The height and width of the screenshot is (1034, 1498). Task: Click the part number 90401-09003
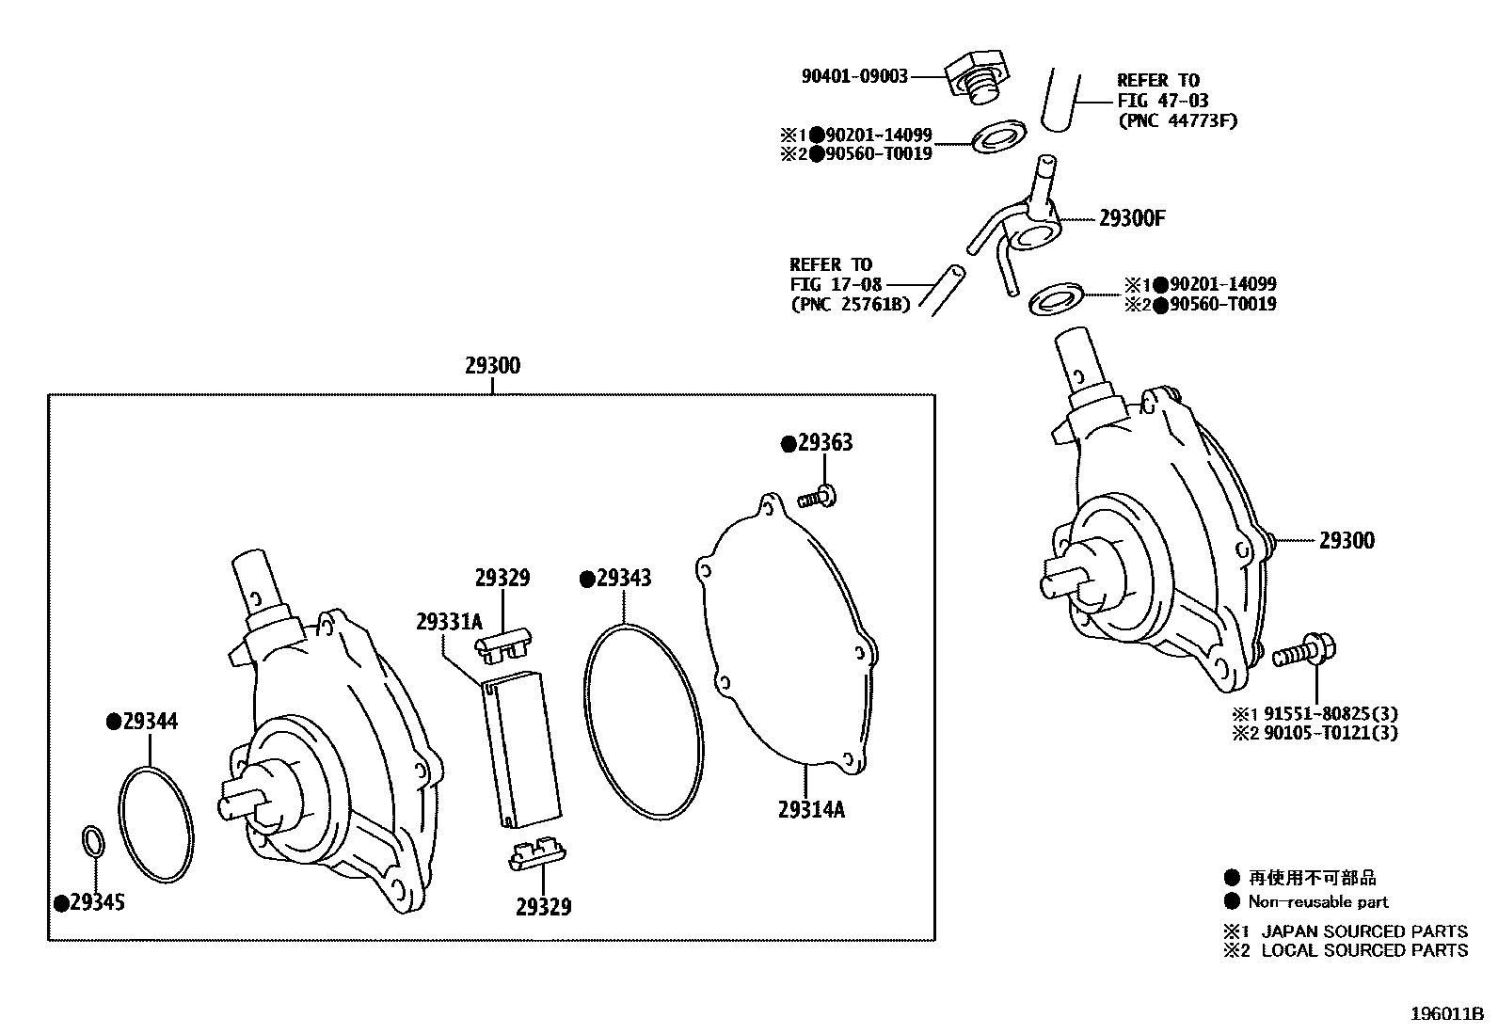(854, 77)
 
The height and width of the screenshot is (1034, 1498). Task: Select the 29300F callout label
(1132, 219)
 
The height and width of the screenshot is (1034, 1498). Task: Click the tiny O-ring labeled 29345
(92, 840)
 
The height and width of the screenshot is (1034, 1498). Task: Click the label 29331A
(449, 622)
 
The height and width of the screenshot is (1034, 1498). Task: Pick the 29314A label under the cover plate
(811, 809)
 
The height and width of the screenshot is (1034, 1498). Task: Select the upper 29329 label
(502, 579)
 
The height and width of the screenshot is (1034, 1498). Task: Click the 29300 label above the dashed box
(492, 366)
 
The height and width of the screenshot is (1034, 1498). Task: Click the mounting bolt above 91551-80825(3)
(1306, 651)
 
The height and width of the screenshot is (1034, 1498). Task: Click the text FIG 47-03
(1163, 101)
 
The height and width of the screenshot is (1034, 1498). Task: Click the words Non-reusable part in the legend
(1317, 901)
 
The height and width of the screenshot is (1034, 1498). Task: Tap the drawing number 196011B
(1446, 1014)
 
